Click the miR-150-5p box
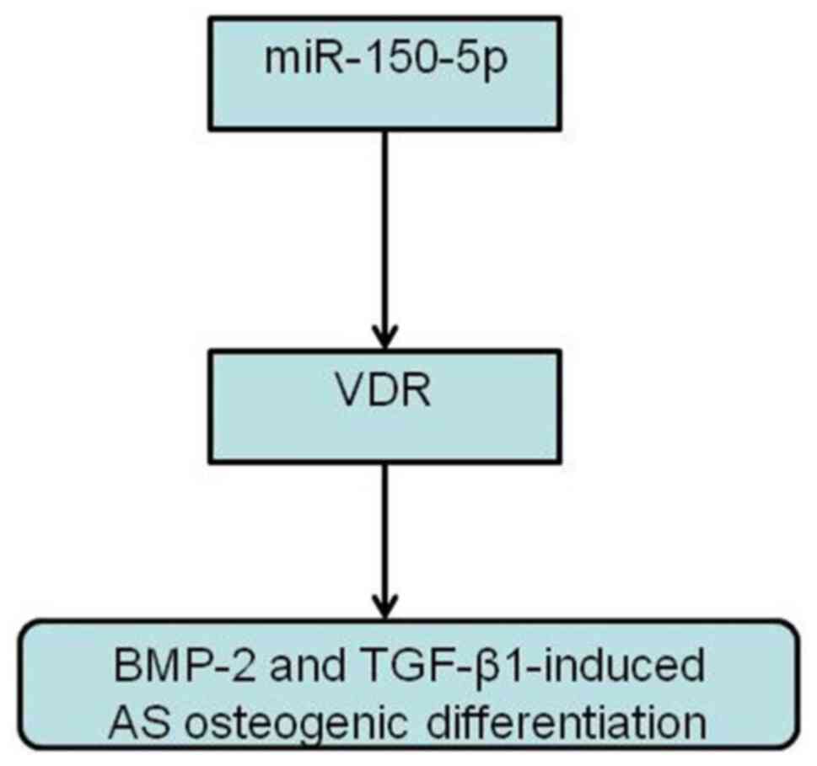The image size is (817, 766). [384, 73]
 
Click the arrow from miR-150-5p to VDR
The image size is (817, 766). [384, 236]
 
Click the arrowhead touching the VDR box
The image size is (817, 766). [384, 337]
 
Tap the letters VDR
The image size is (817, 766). [384, 391]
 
